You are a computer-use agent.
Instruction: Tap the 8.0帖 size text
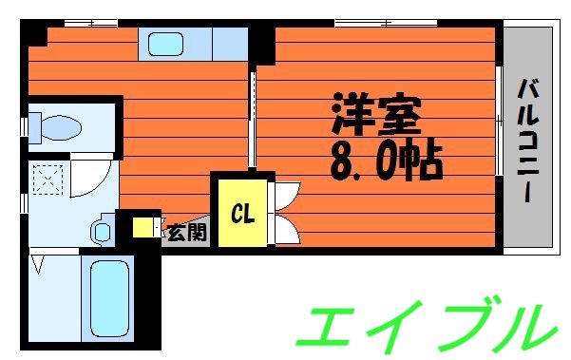[x=386, y=160]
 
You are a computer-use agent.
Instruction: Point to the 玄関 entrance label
[x=185, y=231]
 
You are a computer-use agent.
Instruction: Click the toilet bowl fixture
[x=59, y=125]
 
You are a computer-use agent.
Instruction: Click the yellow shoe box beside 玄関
[x=143, y=228]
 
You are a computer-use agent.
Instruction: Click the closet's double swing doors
[x=284, y=215]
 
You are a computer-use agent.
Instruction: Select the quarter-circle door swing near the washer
[x=91, y=177]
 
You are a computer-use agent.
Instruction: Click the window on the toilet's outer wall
[x=26, y=124]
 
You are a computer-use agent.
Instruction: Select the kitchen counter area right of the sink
[x=228, y=44]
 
